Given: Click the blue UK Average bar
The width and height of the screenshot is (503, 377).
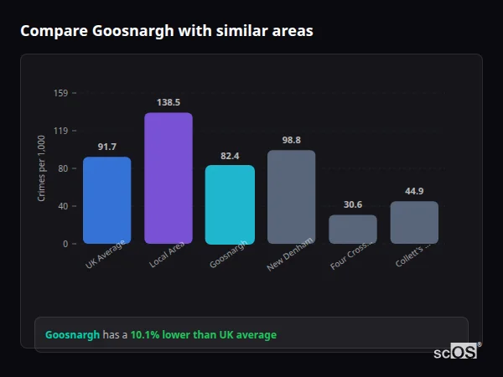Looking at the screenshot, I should click(x=106, y=200).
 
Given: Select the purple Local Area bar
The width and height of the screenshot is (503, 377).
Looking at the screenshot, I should click(x=169, y=178).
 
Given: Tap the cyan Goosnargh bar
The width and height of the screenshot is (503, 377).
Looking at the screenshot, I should click(x=230, y=204).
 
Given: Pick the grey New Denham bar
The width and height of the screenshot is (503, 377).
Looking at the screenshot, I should click(x=291, y=197).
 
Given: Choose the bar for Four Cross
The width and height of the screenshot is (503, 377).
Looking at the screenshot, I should click(x=353, y=229).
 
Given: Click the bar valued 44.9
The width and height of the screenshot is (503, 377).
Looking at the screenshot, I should click(x=414, y=222).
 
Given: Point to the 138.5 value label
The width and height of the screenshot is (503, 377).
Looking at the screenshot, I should click(x=169, y=102).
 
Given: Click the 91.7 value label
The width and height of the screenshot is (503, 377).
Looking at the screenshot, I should click(x=106, y=147).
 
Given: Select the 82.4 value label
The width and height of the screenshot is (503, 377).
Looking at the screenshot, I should click(x=230, y=156).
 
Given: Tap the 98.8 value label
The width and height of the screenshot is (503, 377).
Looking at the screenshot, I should click(x=291, y=140).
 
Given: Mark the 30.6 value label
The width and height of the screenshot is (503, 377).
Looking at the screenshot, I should click(x=353, y=204).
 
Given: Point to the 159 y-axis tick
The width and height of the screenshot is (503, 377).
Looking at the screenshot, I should click(x=60, y=93).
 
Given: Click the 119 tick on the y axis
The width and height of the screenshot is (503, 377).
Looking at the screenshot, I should click(x=60, y=131).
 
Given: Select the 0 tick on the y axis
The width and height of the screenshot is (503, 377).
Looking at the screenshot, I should click(x=65, y=244).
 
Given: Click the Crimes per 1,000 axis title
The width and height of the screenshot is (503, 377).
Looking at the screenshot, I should click(x=42, y=168).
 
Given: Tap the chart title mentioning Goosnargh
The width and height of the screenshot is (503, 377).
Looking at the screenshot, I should click(x=167, y=31).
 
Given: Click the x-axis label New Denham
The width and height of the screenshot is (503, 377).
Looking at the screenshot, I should click(x=289, y=254).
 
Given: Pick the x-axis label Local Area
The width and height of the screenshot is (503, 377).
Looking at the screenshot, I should click(x=167, y=254).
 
